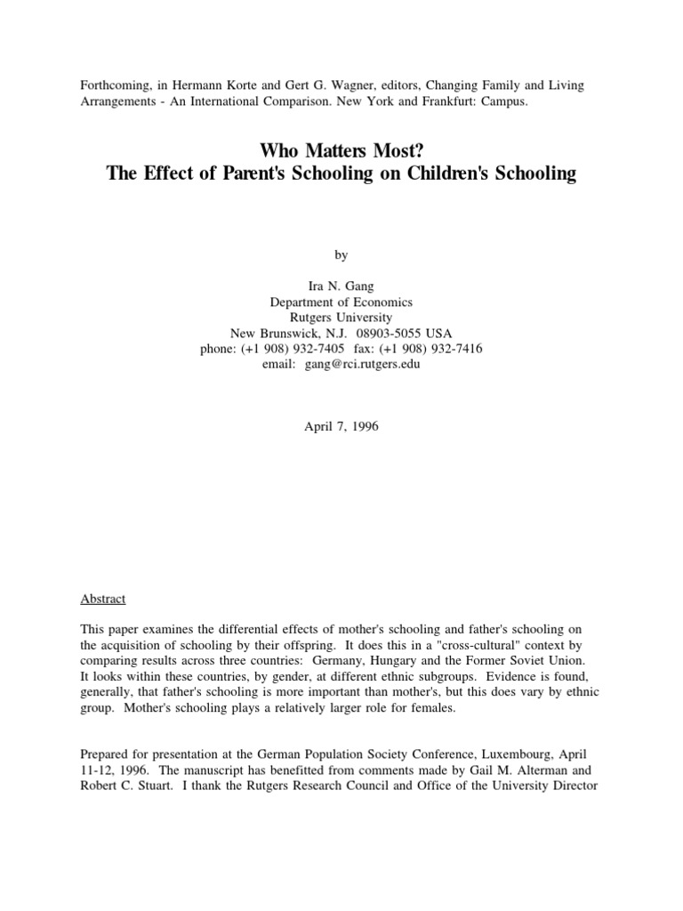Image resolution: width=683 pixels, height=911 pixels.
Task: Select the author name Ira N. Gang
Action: point(341,286)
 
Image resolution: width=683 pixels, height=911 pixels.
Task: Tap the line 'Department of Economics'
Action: point(341,302)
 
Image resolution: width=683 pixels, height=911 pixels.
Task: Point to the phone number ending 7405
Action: point(292,349)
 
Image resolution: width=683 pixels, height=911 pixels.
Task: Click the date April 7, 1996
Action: point(341,426)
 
